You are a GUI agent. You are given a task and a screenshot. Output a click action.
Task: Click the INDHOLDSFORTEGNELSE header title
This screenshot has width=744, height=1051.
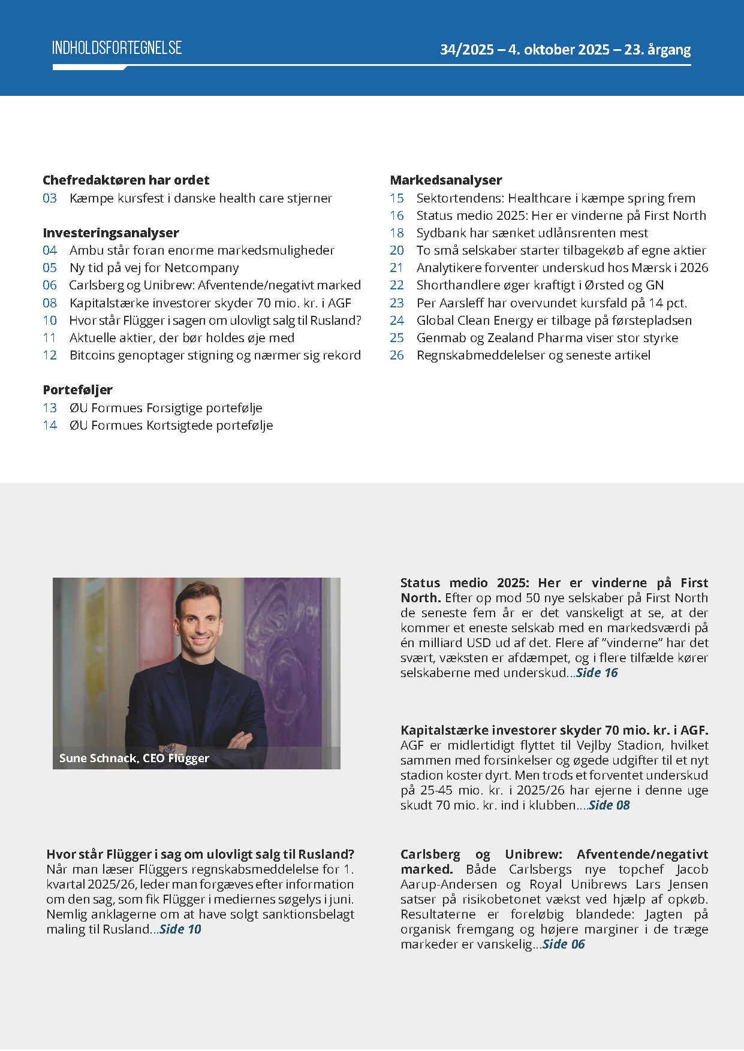[117, 48]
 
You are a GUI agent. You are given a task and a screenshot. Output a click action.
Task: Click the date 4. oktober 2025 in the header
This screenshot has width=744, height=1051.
[559, 50]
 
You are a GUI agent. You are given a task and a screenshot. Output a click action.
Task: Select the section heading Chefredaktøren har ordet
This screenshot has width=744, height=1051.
[126, 180]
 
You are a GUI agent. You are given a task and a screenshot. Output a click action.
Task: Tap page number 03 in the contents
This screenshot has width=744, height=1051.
[50, 198]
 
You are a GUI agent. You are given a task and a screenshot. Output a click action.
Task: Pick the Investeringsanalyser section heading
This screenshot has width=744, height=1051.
[111, 233]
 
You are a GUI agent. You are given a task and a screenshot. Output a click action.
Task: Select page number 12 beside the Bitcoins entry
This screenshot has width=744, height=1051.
[50, 355]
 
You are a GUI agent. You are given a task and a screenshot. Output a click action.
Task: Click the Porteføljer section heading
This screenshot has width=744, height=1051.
[78, 390]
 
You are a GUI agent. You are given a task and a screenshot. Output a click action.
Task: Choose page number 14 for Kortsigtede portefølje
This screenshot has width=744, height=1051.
[50, 425]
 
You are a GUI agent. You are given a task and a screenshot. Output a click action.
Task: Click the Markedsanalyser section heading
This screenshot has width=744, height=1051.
[446, 180]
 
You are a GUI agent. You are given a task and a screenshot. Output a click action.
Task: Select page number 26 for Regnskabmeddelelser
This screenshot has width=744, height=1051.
[397, 355]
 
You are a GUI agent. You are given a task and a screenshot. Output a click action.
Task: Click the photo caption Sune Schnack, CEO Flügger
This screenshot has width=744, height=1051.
[134, 759]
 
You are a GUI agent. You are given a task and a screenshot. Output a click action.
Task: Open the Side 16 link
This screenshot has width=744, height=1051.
[597, 673]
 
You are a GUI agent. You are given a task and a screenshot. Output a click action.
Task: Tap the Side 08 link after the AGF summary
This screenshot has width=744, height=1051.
[609, 805]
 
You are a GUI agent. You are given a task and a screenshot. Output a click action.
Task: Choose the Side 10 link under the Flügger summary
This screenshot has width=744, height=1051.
[180, 929]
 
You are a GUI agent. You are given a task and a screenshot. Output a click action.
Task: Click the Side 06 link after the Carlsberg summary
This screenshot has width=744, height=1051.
[564, 944]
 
